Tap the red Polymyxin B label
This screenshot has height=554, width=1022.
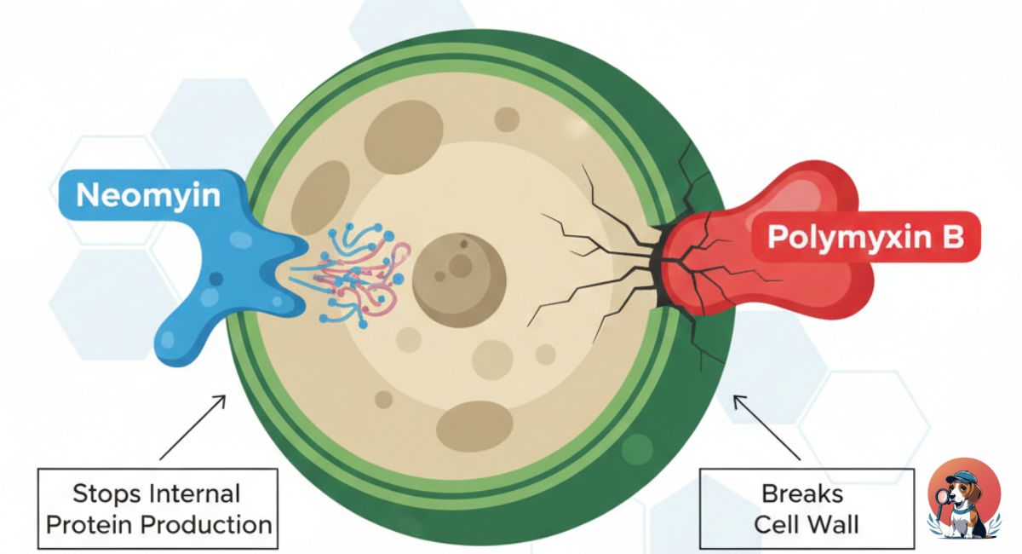pyautogui.click(x=864, y=236)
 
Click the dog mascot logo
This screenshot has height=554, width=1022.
pyautogui.click(x=963, y=499)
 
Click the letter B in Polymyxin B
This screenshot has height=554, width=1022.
pyautogui.click(x=952, y=237)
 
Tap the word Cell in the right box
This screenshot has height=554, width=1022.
pyautogui.click(x=774, y=523)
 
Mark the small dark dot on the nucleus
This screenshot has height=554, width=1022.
pyautogui.click(x=463, y=244)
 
